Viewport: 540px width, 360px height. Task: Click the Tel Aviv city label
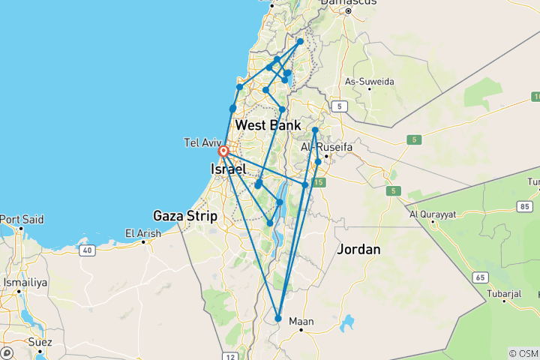click(200, 142)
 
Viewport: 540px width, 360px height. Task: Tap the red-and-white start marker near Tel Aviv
click(223, 151)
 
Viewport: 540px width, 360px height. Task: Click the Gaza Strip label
click(185, 216)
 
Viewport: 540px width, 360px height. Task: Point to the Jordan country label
click(358, 249)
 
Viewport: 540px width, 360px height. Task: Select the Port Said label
click(21, 219)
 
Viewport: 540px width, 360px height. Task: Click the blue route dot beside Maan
click(278, 319)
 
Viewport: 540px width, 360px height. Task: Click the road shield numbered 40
click(88, 249)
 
